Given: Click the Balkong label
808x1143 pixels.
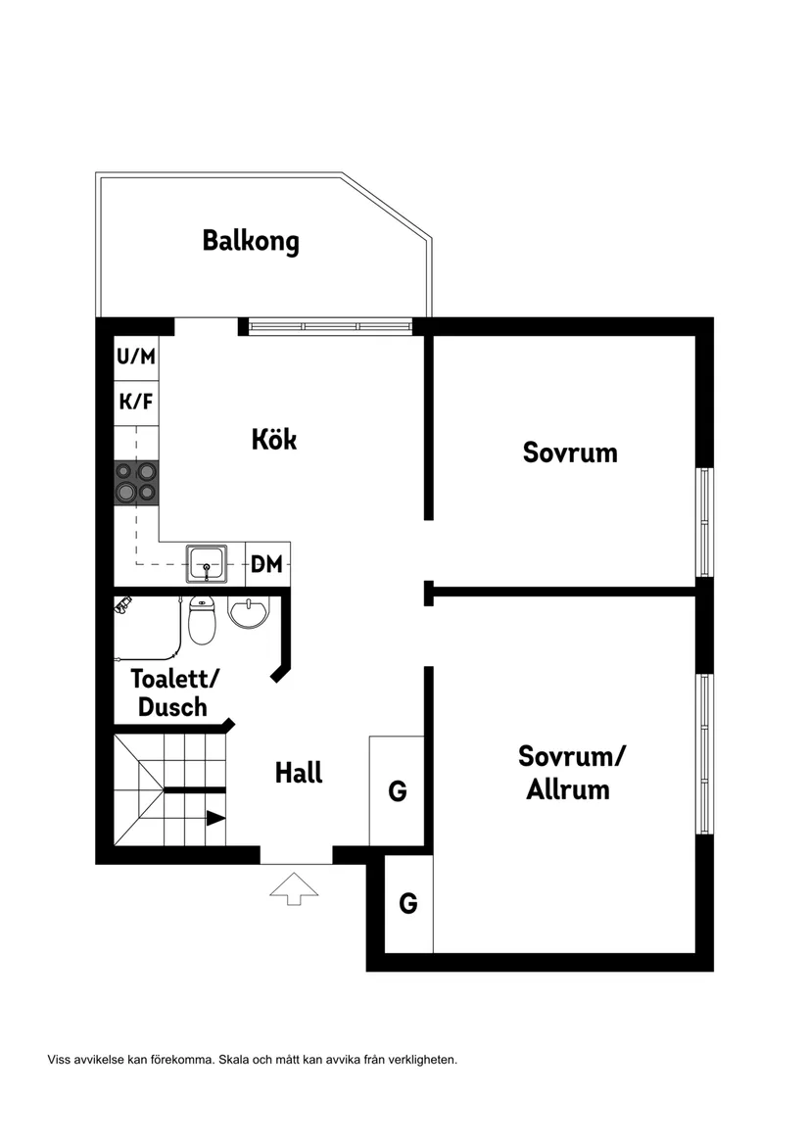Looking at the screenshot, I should coord(251,241).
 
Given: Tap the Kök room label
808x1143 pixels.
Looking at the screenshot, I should coord(273,439).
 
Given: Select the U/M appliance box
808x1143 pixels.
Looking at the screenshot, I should coord(136,357).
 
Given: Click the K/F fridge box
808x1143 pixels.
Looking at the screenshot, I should coord(136,402).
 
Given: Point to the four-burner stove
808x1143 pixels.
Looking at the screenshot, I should coord(136,482).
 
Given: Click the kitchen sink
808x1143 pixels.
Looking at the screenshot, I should coord(208,564).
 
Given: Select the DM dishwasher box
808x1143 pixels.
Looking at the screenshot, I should coord(266,564).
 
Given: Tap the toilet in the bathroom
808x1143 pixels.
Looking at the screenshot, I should coord(202,621).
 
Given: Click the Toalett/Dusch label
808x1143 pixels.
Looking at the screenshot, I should coord(175,691).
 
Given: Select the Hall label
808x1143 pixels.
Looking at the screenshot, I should coord(299,773).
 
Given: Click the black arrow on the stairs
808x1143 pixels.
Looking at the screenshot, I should coord(214,818).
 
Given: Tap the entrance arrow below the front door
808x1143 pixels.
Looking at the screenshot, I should coord(291,889).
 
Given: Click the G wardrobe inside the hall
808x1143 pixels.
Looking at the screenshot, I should coord(397,790).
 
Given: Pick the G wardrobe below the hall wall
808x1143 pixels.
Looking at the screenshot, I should coord(408,903).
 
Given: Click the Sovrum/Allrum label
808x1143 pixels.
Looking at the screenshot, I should coord(571,773).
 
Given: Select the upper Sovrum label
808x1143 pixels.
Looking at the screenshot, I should coord(570,453).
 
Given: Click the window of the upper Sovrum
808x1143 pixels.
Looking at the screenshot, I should coord(704,522).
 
